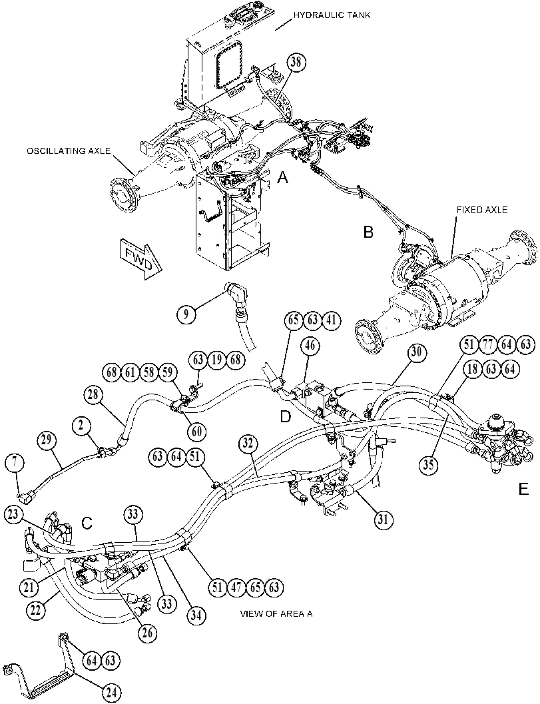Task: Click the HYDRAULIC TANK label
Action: pos(332,15)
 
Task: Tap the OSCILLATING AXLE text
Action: pos(68,151)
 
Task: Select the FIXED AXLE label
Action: pos(482,210)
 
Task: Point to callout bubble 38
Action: pos(296,63)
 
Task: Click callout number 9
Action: pos(186,314)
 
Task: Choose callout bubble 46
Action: pos(310,346)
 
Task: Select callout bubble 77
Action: pos(487,345)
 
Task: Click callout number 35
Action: pos(429,464)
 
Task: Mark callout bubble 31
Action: pos(384,520)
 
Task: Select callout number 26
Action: pos(147,633)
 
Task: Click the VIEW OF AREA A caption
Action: pos(276,613)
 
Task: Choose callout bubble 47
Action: pos(236,587)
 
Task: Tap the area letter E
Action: pos(523,490)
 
